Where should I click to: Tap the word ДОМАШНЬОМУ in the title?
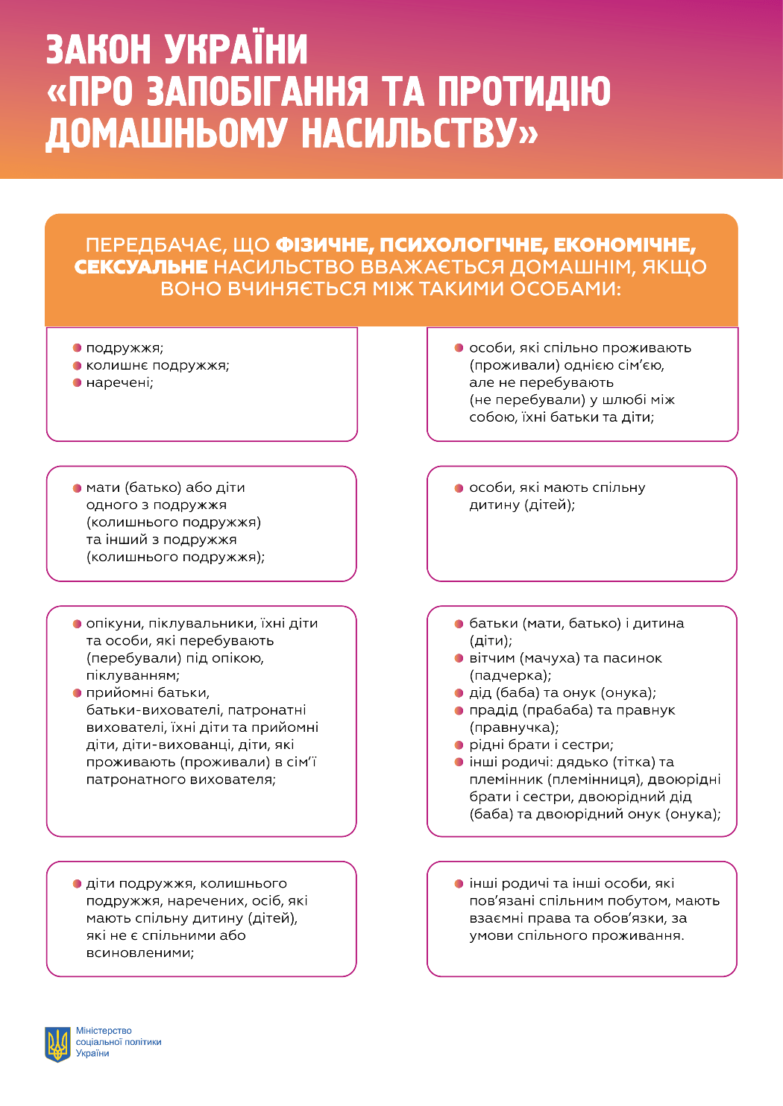[x=166, y=134]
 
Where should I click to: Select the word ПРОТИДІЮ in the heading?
[x=523, y=92]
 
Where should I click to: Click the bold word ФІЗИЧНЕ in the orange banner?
[x=324, y=245]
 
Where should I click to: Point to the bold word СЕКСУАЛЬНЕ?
[x=141, y=267]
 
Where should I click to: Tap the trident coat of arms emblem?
[x=57, y=1043]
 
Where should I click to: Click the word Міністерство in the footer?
[x=104, y=1031]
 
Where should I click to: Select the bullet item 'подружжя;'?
[x=125, y=348]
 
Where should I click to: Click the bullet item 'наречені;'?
[x=119, y=383]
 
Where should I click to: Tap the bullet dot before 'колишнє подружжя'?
[x=77, y=366]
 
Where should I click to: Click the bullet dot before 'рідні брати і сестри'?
[x=459, y=745]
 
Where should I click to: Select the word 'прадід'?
[x=493, y=710]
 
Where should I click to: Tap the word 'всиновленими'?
[x=139, y=953]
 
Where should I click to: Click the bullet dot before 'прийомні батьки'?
[x=77, y=693]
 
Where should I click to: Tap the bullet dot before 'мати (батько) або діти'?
[x=77, y=488]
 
